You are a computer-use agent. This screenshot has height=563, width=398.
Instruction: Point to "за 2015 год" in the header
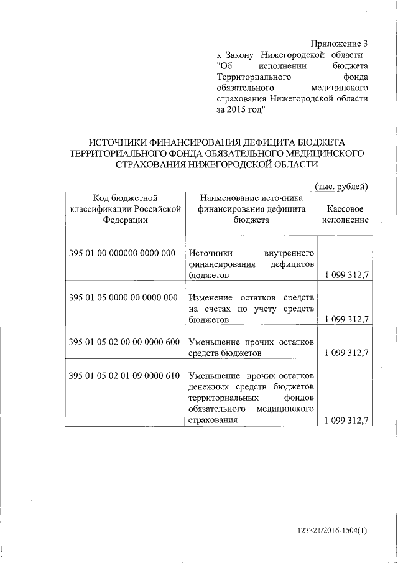[x=241, y=109]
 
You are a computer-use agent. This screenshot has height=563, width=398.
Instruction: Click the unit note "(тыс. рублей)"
[x=342, y=186]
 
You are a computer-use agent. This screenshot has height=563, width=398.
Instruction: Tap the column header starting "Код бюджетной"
[x=126, y=209]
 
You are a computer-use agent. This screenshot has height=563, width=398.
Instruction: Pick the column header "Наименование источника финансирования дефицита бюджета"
[x=252, y=209]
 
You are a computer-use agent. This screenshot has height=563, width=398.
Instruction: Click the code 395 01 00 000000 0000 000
[x=123, y=253]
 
